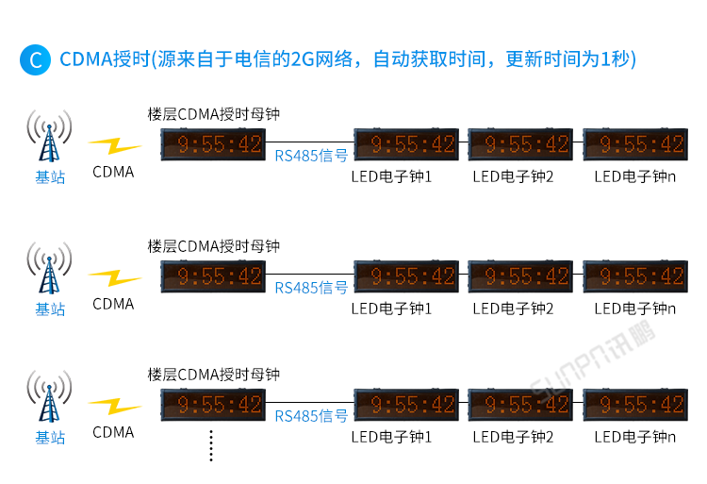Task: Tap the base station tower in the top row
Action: pos(49,137)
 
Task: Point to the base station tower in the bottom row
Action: pos(49,396)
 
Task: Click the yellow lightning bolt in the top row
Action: pos(114,146)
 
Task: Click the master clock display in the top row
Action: pos(212,144)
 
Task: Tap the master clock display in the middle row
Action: pos(212,275)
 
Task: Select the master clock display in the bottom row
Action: pos(212,405)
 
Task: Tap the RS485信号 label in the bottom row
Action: pos(311,416)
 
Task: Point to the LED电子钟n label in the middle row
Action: pos(635,309)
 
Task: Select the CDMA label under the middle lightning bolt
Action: pos(113,304)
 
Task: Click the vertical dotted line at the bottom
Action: pos(211,445)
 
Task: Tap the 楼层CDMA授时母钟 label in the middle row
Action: pos(214,246)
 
